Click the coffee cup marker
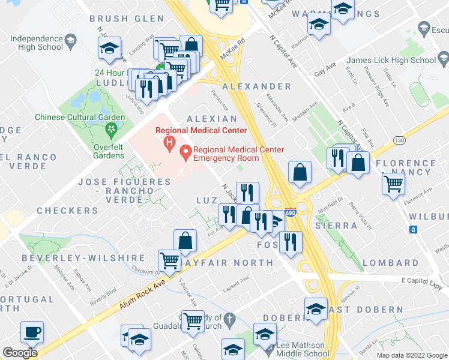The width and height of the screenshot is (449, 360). (x=32, y=332)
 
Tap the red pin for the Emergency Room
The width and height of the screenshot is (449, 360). (x=186, y=153)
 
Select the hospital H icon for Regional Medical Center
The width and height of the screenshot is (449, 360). (x=170, y=143)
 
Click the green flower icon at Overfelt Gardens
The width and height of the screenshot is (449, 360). (x=110, y=128)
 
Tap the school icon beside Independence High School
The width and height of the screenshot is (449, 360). (x=71, y=41)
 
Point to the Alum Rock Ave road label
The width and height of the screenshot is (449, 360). (x=142, y=295)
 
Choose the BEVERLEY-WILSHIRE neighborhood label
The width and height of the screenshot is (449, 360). (x=68, y=257)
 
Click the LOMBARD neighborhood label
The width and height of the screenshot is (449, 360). (x=391, y=263)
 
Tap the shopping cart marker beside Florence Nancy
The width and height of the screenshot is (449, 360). (x=393, y=183)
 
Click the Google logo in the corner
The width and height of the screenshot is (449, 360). (x=20, y=353)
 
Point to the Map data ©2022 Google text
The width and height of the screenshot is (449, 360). (x=411, y=355)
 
